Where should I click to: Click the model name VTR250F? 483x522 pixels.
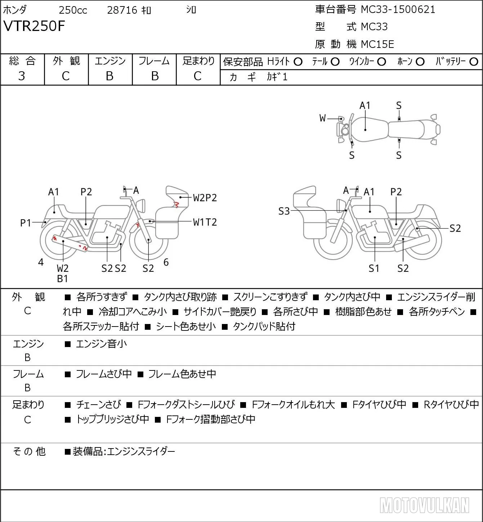(34, 26)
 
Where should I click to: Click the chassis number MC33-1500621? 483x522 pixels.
(398, 10)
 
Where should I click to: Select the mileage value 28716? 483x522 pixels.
(122, 10)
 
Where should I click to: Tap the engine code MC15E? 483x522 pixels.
(377, 44)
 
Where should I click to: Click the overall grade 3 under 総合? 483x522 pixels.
(22, 76)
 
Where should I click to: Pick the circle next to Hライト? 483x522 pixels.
(298, 62)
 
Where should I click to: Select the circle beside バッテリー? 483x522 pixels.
(474, 62)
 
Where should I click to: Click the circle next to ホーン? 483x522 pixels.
(420, 62)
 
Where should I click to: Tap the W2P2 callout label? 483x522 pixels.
(205, 198)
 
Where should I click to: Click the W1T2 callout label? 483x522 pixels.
(205, 222)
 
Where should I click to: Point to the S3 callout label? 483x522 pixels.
(284, 211)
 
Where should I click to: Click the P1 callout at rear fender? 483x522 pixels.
(26, 223)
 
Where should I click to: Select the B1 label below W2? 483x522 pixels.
(63, 279)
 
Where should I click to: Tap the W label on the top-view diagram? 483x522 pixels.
(322, 118)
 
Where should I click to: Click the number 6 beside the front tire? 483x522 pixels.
(166, 262)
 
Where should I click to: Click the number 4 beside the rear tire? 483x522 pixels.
(41, 262)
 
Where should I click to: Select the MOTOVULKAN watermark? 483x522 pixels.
(424, 505)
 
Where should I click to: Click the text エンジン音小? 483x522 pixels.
(101, 344)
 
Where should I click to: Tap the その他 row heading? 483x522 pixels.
(29, 451)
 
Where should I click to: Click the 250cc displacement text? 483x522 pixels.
(73, 10)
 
